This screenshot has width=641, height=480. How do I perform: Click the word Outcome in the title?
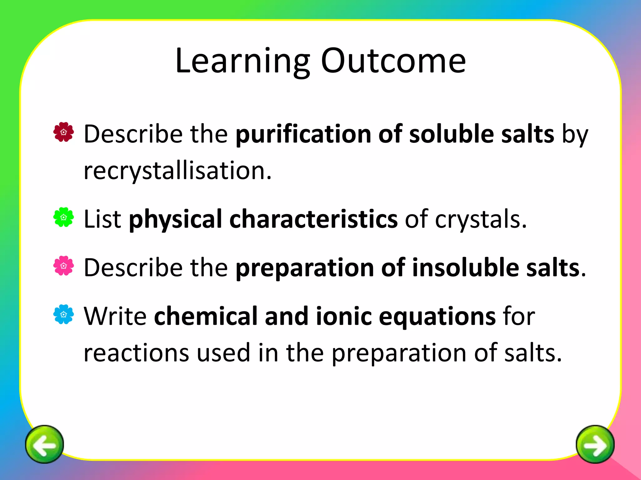point(393,61)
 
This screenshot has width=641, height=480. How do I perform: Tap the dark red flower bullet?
point(64,132)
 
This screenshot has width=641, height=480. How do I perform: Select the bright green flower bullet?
point(64,217)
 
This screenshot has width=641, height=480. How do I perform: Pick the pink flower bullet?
point(64,266)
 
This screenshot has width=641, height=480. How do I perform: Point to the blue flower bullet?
point(64,314)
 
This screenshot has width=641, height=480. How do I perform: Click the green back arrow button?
point(44,444)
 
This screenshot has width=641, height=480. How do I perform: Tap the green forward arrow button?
point(595,444)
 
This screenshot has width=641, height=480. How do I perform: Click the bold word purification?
point(303,134)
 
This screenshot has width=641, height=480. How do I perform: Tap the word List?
point(102,219)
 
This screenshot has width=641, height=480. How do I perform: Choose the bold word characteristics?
point(314,219)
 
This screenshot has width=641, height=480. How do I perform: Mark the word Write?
point(115,316)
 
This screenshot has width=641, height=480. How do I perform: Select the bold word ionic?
point(344,316)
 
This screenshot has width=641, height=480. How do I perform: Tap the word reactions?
point(136,353)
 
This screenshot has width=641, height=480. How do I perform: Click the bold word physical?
point(176,220)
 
